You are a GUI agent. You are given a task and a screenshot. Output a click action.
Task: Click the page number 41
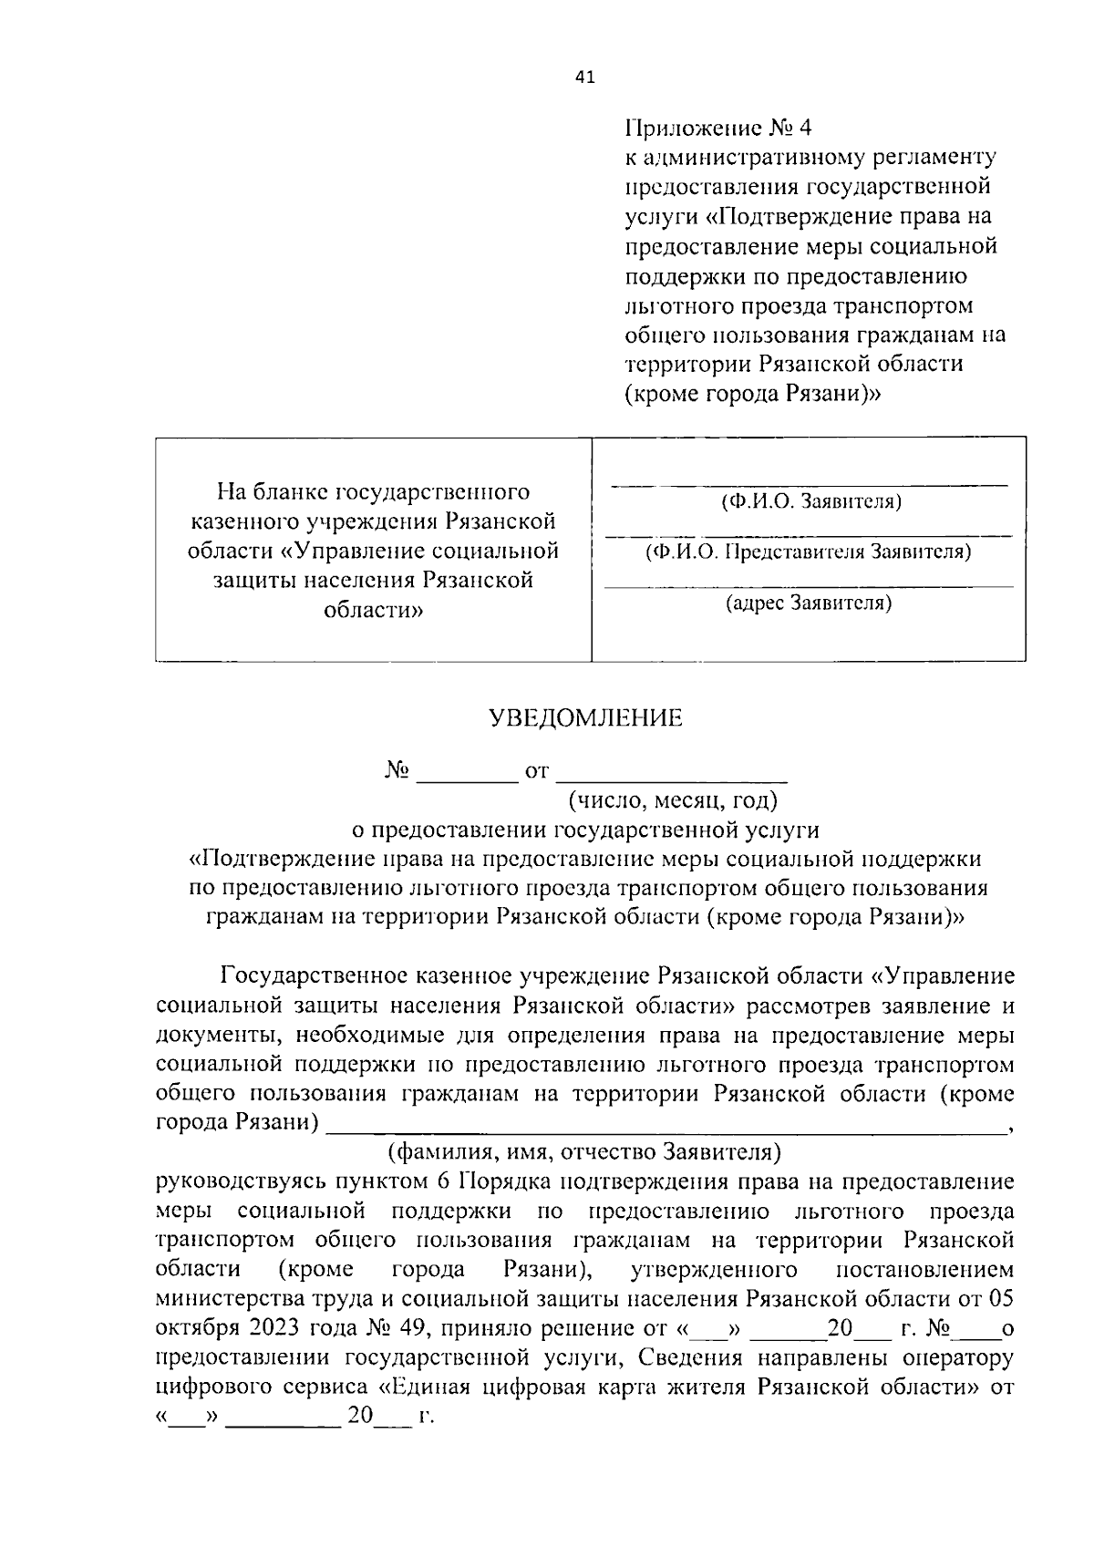tap(584, 78)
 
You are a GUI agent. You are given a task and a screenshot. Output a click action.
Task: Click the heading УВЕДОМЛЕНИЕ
tap(586, 718)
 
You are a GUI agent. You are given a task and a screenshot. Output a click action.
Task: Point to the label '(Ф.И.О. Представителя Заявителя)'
tap(808, 552)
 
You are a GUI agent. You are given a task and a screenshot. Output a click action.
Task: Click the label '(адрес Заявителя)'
tap(809, 603)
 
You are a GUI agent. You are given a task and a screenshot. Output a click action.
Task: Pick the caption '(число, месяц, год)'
tap(673, 800)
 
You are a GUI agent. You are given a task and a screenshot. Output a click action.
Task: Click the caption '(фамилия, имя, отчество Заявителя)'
tap(584, 1151)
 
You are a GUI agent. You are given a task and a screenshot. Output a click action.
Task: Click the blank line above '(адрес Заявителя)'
tap(809, 585)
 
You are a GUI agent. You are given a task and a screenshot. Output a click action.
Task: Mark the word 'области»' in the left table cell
tap(373, 610)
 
